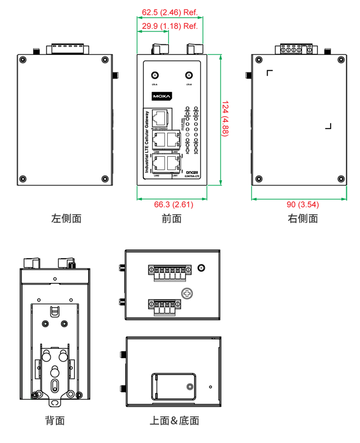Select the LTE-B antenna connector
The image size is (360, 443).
189,74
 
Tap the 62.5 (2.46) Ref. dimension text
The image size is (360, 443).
170,12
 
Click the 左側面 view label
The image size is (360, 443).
66,218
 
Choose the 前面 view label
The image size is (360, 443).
172,218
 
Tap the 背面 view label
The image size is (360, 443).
55,421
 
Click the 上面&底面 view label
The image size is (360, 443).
174,421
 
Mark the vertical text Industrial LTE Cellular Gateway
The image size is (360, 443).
147,142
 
